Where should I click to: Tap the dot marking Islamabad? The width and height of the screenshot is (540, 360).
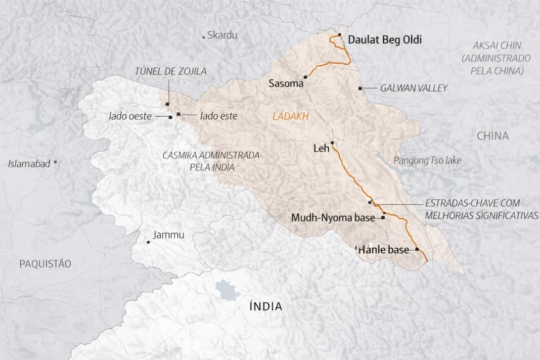pos(55,162)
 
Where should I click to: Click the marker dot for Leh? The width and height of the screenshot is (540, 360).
pos(332,143)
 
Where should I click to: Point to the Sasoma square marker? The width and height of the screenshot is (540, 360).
pos(305,77)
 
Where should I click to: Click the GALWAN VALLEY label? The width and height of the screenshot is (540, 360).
pos(414,88)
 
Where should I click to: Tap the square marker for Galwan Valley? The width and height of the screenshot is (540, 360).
pos(360,88)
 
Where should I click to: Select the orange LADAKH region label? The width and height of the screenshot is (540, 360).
pos(290,117)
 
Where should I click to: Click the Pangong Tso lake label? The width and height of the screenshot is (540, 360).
pos(427,160)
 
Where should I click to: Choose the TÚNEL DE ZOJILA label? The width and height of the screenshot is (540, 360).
pos(170,71)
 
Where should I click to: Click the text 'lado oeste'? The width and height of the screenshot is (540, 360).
pos(130,116)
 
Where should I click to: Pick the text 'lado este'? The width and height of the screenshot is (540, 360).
pos(218,116)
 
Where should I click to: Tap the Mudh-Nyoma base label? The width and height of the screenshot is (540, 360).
pos(333,218)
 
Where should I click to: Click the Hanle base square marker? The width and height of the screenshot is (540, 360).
pos(417,249)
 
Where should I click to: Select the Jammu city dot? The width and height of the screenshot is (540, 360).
pos(148,242)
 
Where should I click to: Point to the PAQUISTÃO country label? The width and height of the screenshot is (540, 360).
pos(45,264)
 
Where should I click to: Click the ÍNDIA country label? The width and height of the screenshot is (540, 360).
pos(265,306)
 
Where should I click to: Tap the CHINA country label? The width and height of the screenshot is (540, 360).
pos(492,136)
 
